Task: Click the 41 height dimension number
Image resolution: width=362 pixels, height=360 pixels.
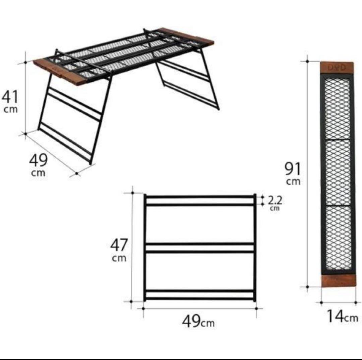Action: pyautogui.click(x=10, y=97)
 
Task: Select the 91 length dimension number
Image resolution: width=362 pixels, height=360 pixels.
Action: pyautogui.click(x=293, y=169)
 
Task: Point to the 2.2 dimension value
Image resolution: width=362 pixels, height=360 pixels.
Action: pyautogui.click(x=275, y=200)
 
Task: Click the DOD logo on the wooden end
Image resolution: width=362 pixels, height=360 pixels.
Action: pyautogui.click(x=337, y=68)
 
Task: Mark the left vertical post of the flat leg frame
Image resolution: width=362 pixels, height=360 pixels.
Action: pyautogui.click(x=145, y=247)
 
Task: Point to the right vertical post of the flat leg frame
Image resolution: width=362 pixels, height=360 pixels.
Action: pyautogui.click(x=255, y=247)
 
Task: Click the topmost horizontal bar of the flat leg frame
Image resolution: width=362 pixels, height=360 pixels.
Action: pyautogui.click(x=200, y=197)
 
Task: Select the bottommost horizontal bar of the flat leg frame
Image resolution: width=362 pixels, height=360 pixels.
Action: pyautogui.click(x=200, y=299)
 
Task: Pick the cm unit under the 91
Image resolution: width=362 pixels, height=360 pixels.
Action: pyautogui.click(x=293, y=181)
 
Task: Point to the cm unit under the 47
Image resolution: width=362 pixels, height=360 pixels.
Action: pyautogui.click(x=119, y=258)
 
